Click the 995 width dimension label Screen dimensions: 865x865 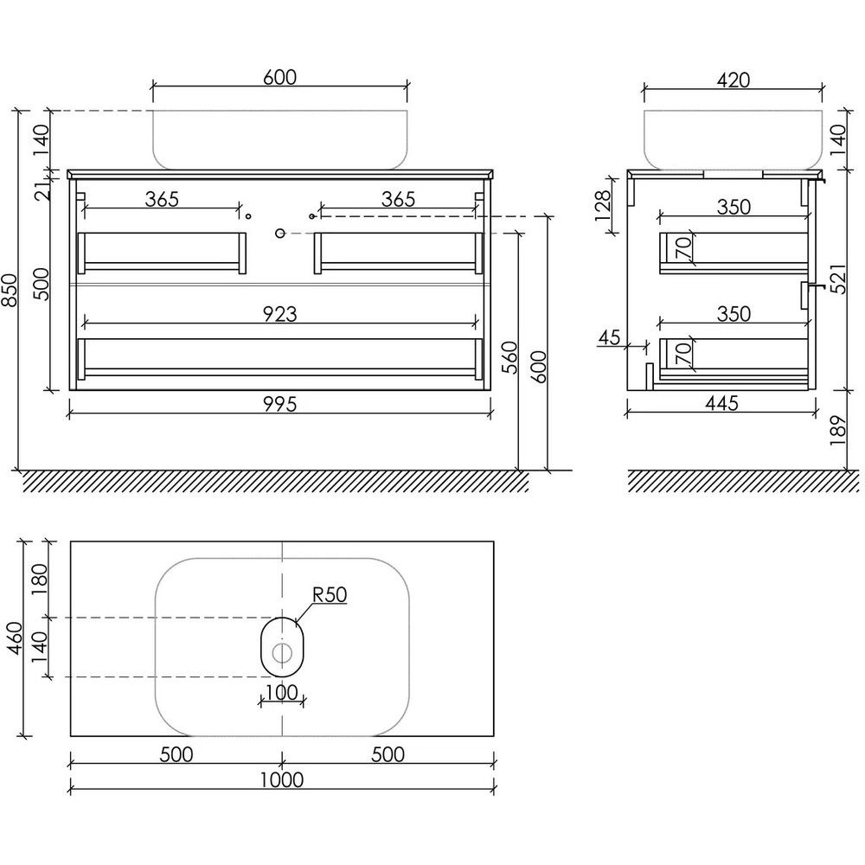[279, 404]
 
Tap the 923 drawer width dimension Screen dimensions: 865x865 [279, 314]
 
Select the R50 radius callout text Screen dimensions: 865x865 [330, 595]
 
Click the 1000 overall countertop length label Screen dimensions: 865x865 [281, 780]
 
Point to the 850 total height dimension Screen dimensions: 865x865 [10, 290]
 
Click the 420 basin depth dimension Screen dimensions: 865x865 [734, 80]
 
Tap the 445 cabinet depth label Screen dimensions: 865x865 [721, 403]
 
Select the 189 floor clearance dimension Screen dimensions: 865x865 [838, 430]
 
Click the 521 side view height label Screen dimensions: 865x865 [838, 279]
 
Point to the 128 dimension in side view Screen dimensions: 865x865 [604, 206]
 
